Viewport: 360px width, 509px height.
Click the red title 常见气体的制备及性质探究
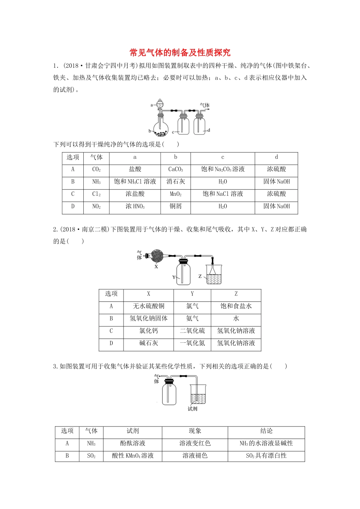(x=180, y=52)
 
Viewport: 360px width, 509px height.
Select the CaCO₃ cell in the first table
(x=175, y=169)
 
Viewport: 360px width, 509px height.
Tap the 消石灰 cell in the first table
(x=175, y=182)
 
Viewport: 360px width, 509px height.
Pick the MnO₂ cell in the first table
(x=175, y=194)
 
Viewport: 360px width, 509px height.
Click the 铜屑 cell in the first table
(x=175, y=206)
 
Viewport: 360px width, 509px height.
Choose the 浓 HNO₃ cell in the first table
(x=135, y=206)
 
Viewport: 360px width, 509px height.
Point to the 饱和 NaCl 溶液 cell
(x=222, y=194)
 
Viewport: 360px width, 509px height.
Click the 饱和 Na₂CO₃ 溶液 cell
(x=222, y=169)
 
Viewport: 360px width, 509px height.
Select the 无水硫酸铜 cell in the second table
(x=149, y=306)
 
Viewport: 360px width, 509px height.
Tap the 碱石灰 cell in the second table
(x=149, y=343)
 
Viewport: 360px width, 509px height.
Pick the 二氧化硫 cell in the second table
(x=192, y=331)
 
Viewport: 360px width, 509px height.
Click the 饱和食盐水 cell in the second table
(x=236, y=306)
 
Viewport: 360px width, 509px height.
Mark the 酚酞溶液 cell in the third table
(x=133, y=443)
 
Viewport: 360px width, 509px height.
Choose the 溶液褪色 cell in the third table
(x=195, y=456)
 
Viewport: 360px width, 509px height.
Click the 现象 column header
(x=195, y=431)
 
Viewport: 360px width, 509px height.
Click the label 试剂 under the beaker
(x=193, y=409)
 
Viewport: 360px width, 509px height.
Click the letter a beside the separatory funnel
(x=152, y=105)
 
